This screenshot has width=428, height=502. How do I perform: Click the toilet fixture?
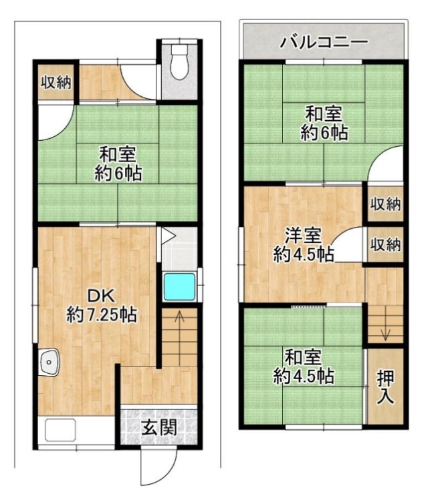(179, 62)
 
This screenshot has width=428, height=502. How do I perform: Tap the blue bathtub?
(179, 286)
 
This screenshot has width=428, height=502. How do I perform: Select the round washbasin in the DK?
(49, 361)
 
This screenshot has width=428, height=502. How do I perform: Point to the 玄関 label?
(159, 427)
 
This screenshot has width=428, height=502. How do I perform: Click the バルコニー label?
(324, 42)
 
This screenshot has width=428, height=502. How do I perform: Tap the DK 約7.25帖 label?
(102, 305)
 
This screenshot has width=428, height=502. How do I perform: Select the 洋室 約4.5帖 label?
(304, 245)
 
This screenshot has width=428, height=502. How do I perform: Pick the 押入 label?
(385, 388)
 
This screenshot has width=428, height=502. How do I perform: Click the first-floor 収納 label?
(56, 83)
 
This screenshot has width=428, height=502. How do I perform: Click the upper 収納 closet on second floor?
(385, 204)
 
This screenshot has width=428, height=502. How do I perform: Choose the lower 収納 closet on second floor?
(385, 246)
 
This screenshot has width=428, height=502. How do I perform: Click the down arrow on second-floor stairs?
(385, 334)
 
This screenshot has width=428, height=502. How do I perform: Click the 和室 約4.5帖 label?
(304, 367)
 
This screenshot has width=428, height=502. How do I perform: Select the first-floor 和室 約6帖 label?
(118, 164)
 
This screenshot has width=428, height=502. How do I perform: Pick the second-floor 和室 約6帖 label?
(324, 123)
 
